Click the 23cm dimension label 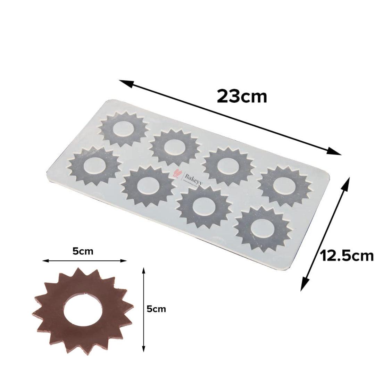click(x=242, y=96)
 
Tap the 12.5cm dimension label click(x=347, y=256)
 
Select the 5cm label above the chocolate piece click(x=83, y=251)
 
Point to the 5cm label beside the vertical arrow click(x=156, y=309)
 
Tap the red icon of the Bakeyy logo click(x=176, y=174)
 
